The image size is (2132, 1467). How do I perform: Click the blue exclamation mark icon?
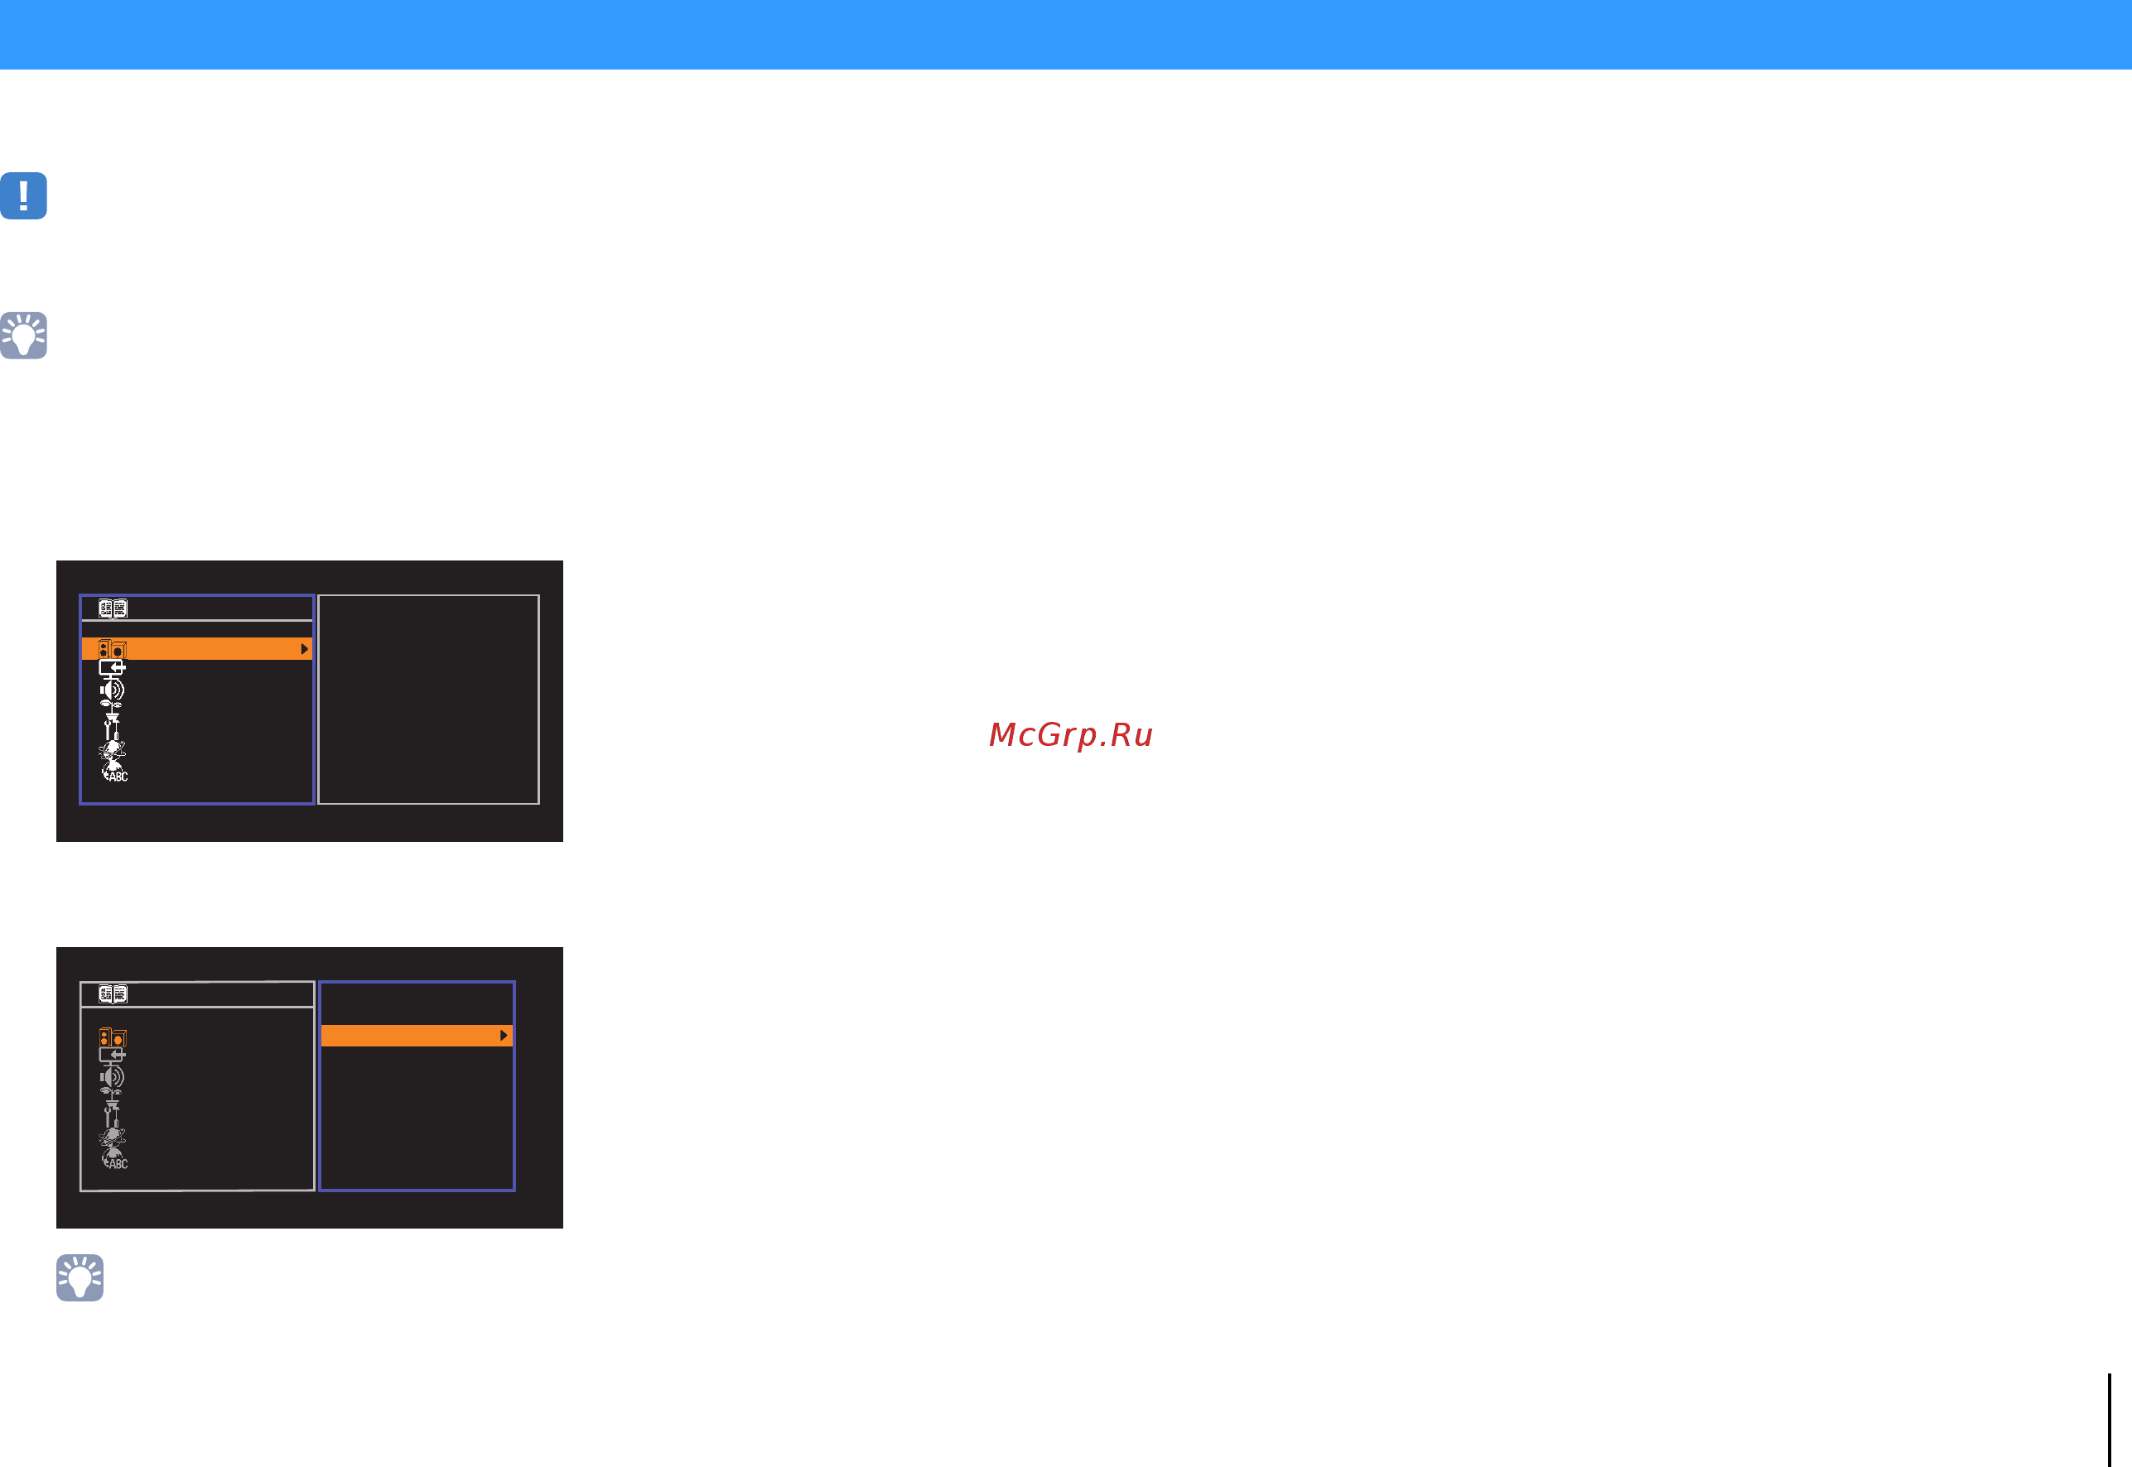[24, 195]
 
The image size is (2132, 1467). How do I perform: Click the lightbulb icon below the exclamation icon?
[24, 335]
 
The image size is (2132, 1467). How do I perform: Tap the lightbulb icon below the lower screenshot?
[80, 1277]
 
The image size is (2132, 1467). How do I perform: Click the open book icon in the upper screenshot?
[113, 608]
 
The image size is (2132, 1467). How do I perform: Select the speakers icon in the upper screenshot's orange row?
[112, 649]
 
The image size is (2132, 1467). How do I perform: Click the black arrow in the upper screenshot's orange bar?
[304, 649]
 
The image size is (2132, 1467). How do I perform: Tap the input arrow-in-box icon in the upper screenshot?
[112, 668]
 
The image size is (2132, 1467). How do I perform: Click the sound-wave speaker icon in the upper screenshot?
[112, 690]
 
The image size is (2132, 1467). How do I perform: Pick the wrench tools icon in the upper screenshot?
[111, 727]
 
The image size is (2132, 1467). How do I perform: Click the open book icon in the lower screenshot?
[113, 993]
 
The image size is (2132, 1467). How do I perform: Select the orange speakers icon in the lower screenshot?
[112, 1037]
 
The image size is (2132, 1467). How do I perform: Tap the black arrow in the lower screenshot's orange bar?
[504, 1036]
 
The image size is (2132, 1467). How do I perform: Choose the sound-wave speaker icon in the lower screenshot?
[112, 1077]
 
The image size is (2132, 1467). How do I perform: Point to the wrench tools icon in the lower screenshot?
[111, 1114]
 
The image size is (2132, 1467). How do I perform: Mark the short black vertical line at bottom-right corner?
[2109, 1420]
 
